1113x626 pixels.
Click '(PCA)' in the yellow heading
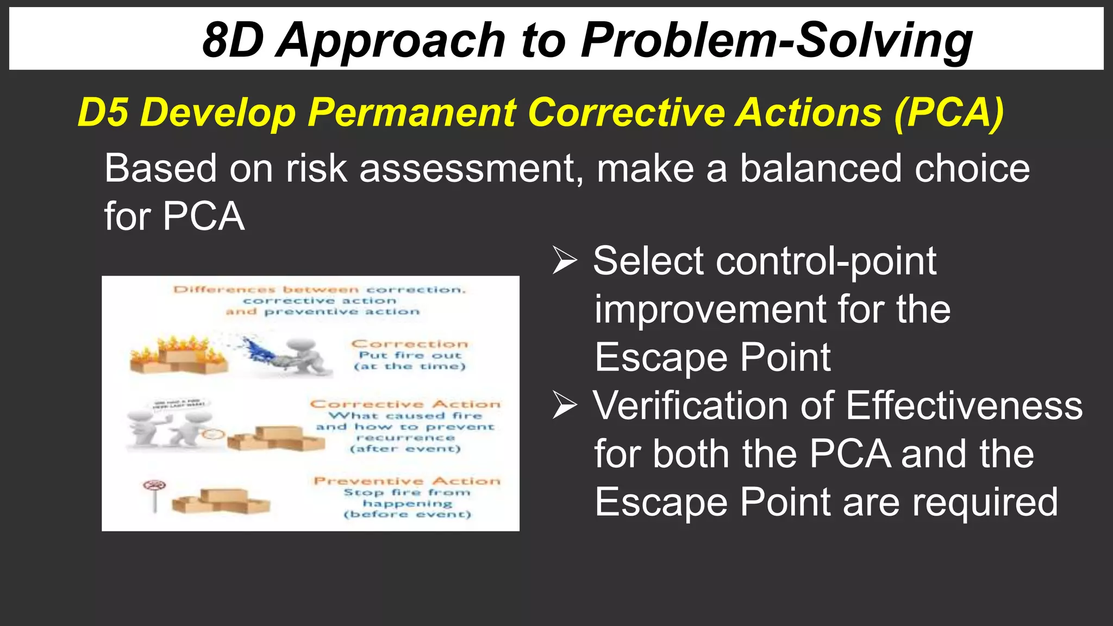tap(949, 112)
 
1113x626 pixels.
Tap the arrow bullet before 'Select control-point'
tap(565, 261)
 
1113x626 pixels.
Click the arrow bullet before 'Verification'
tap(565, 406)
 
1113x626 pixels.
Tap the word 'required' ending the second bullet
tap(984, 502)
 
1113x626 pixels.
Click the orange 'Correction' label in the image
tap(409, 344)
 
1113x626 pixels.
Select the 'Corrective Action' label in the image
tap(405, 404)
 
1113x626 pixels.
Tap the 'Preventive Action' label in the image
tap(407, 481)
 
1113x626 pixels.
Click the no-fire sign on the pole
tap(155, 486)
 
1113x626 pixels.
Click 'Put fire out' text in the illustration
tap(410, 355)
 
